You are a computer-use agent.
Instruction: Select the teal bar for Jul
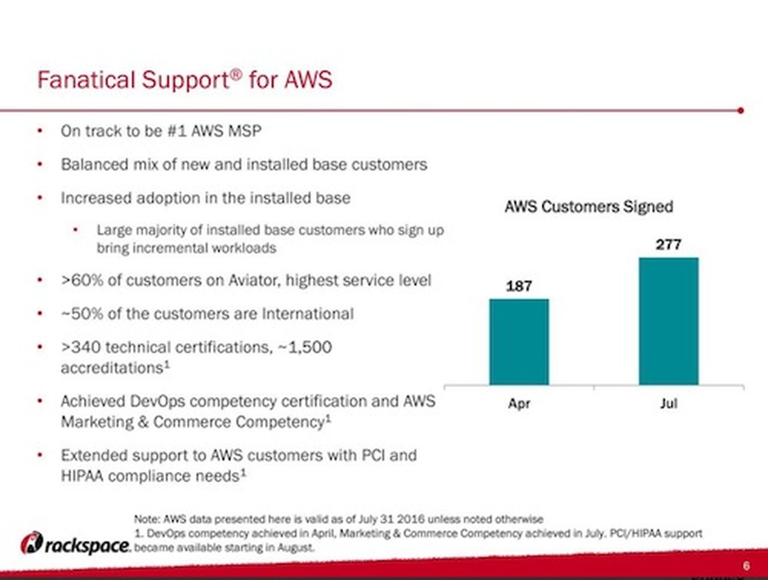668,321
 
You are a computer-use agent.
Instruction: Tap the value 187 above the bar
519,286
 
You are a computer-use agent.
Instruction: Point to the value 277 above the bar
668,244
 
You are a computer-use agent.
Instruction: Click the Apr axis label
519,403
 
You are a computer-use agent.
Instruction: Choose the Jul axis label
669,403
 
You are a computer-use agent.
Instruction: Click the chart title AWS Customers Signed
589,207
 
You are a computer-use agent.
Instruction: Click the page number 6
746,566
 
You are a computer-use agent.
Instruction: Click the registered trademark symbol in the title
237,73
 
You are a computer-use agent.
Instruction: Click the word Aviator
254,280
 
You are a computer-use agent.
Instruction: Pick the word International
308,314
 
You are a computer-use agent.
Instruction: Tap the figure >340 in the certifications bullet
80,347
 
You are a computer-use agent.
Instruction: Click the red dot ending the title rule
740,110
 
